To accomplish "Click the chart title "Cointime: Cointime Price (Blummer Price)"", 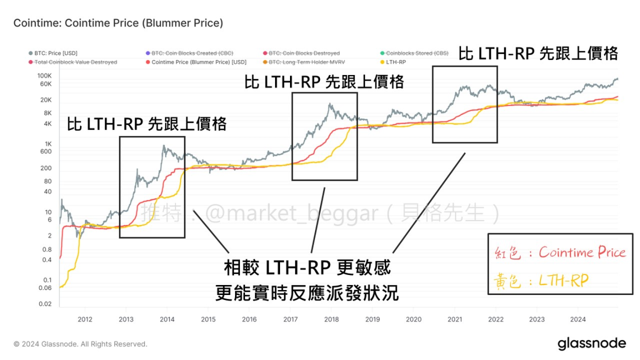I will point(118,23).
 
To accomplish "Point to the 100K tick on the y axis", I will point(44,76).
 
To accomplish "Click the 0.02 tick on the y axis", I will point(45,304).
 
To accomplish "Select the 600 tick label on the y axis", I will point(46,151).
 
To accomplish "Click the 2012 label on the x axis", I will point(84,319).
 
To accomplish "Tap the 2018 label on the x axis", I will point(331,319).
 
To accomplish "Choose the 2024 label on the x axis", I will point(578,319).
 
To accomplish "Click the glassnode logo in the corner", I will point(592,343).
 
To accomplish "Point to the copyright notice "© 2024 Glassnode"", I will point(80,344).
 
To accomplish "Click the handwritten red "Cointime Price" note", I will point(582,253).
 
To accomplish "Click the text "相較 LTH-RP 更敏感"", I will point(307,268).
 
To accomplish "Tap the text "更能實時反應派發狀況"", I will point(307,292).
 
